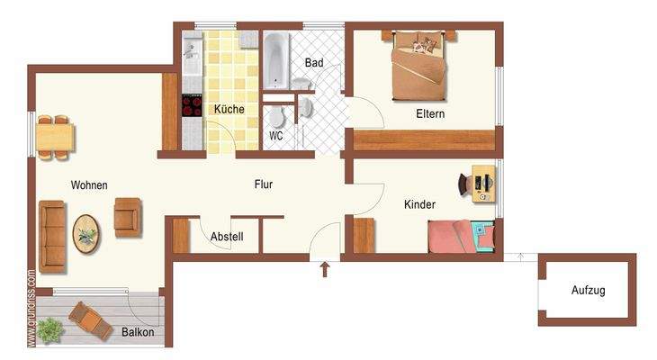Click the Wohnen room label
[x=89, y=185]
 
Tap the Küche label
[x=229, y=110]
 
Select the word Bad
[x=314, y=63]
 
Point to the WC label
[x=276, y=137]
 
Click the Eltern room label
[x=430, y=114]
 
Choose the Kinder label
[x=419, y=205]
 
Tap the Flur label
[x=264, y=184]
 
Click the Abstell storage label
[x=228, y=238]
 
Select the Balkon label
[x=138, y=332]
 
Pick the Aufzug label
[x=588, y=291]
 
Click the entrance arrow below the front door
[x=325, y=268]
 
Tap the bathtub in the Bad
[x=275, y=61]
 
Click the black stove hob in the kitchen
[x=193, y=106]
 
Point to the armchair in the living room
[x=128, y=216]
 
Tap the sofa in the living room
[x=52, y=236]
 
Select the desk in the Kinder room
[x=482, y=184]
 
